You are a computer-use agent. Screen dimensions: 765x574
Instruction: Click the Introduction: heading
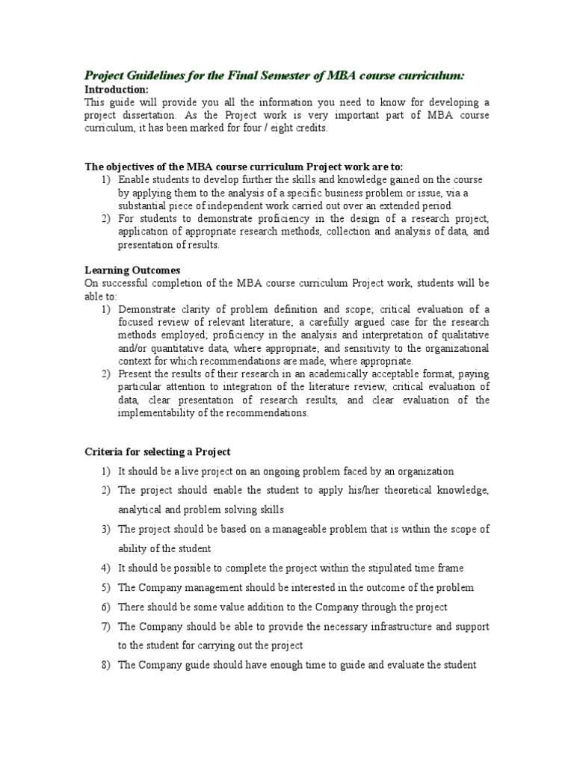coord(117,90)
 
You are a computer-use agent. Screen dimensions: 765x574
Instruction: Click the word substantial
coord(143,205)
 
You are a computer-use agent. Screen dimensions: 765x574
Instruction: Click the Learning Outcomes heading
coord(132,270)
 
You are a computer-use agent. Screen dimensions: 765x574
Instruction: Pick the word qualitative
coord(462,335)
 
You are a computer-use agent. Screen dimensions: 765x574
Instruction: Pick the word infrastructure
coord(405,626)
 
